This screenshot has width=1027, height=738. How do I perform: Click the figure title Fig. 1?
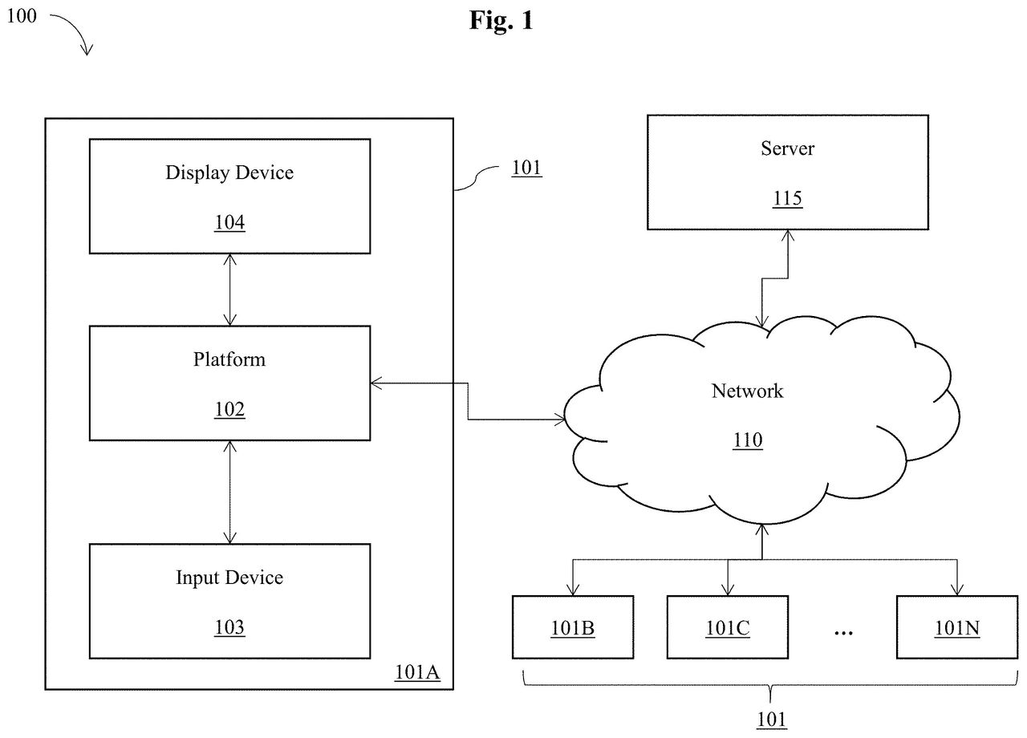click(x=501, y=21)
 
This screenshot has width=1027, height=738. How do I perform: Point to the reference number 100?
click(x=22, y=16)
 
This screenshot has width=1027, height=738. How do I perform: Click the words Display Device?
click(x=229, y=173)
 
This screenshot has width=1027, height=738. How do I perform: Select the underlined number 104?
click(x=229, y=223)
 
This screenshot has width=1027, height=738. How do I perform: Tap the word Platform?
click(x=229, y=359)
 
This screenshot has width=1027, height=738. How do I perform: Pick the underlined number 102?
click(x=229, y=409)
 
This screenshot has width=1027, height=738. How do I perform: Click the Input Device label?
click(x=229, y=578)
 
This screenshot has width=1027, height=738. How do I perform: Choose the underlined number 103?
click(x=229, y=627)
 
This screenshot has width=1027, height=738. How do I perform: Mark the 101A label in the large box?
click(x=417, y=672)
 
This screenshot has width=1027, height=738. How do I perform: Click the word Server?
click(x=788, y=148)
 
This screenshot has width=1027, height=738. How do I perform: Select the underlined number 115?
click(x=788, y=198)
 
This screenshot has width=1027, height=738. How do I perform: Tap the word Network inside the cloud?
click(x=747, y=391)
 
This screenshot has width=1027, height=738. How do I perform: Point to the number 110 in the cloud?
click(x=748, y=440)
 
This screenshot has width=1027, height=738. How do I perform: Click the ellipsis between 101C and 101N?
click(x=843, y=633)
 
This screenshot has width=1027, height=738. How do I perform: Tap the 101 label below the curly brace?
click(x=772, y=720)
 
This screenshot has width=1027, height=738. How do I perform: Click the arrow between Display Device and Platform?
click(x=229, y=290)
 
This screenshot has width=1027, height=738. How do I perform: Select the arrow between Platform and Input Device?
click(x=229, y=493)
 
